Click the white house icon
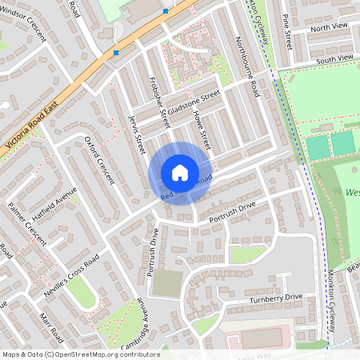[180, 173]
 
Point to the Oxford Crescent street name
[100, 159]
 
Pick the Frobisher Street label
[160, 102]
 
